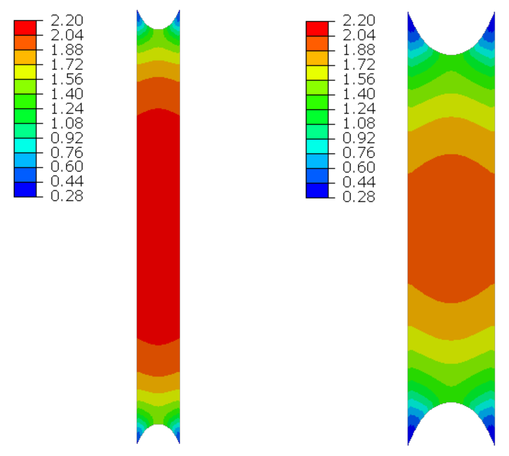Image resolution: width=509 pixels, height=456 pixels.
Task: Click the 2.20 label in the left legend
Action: (x=67, y=20)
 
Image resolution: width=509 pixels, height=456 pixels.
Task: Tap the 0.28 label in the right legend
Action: (x=359, y=197)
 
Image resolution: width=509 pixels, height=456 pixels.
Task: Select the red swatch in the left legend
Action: (x=25, y=28)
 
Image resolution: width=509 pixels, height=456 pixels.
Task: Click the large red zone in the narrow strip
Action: (x=158, y=226)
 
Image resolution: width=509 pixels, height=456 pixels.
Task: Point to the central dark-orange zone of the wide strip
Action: (x=451, y=229)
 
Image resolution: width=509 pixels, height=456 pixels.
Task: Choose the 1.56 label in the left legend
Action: (x=67, y=79)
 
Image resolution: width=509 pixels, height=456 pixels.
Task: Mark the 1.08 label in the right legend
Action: (x=359, y=123)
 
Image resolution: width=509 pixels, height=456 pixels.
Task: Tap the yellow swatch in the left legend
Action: (x=25, y=72)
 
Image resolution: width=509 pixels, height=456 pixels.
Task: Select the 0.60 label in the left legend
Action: (x=67, y=166)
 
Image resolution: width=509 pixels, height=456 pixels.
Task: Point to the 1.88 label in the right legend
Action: (x=359, y=50)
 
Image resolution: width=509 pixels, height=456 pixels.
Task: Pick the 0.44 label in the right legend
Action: (x=359, y=182)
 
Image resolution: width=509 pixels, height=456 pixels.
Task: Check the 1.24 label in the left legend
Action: (x=67, y=109)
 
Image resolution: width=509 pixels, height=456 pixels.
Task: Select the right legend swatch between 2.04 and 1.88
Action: (x=317, y=44)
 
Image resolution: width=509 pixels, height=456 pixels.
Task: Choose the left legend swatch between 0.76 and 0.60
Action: (x=25, y=160)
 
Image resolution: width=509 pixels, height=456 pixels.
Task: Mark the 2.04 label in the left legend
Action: (x=67, y=35)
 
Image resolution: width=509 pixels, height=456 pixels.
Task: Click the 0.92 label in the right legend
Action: (x=359, y=138)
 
